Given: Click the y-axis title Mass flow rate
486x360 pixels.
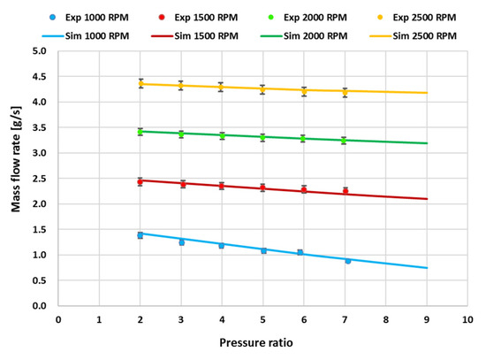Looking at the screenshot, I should click(16, 177).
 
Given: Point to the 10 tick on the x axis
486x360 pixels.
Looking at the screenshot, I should click(467, 318).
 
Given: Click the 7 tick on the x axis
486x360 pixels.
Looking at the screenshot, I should click(345, 318).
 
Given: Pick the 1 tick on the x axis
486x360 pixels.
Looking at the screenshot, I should click(99, 318).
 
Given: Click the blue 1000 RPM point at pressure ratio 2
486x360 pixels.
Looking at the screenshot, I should click(140, 235).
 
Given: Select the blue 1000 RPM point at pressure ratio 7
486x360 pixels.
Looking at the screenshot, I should click(347, 261).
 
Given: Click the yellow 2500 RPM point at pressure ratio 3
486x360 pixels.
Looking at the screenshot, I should click(181, 86).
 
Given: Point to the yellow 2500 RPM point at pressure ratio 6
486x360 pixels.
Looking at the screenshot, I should click(303, 90).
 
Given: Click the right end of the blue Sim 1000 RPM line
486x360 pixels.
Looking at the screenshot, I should click(426, 268).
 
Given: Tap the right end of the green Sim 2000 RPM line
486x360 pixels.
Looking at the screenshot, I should click(426, 143).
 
